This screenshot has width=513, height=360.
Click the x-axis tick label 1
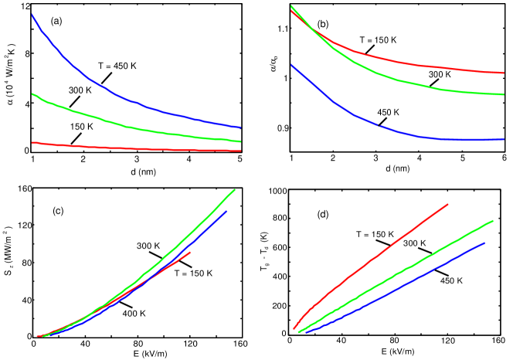(291, 158)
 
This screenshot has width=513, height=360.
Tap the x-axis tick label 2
(333, 158)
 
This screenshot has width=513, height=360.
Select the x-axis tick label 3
(375, 158)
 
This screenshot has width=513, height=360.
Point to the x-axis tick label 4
(420, 158)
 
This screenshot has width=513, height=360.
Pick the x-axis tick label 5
(462, 158)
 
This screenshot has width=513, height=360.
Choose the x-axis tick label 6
(504, 158)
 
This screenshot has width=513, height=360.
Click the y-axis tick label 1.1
(283, 29)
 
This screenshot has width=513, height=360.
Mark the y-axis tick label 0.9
(283, 127)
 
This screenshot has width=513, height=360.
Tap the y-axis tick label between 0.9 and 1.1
(285, 78)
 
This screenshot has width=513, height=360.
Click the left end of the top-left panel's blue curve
(32, 14)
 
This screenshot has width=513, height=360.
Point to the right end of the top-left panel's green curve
(241, 142)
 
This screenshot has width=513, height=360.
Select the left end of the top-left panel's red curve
(32, 142)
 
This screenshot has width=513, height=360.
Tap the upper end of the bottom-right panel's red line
(448, 204)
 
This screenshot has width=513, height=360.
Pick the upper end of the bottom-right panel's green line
(493, 220)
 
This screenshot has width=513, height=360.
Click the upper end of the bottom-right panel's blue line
(485, 243)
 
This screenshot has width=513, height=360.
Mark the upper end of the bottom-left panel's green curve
(234, 188)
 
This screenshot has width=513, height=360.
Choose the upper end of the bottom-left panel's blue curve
(227, 210)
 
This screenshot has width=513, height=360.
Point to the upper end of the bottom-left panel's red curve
(190, 252)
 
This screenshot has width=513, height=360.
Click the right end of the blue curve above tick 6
(504, 139)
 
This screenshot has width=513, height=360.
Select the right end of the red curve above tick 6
(504, 73)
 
